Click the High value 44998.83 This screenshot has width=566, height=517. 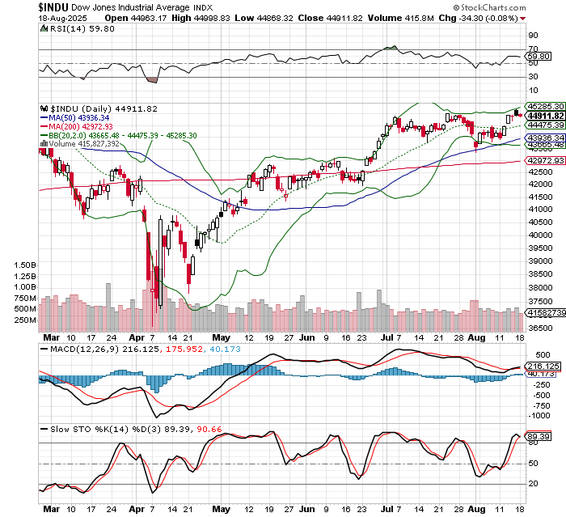coord(181,17)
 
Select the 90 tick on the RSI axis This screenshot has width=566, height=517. coord(533,36)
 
